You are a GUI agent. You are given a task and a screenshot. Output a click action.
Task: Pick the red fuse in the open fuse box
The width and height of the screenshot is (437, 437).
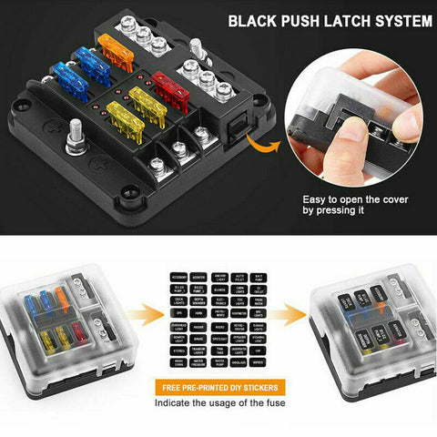coord(170,87)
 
